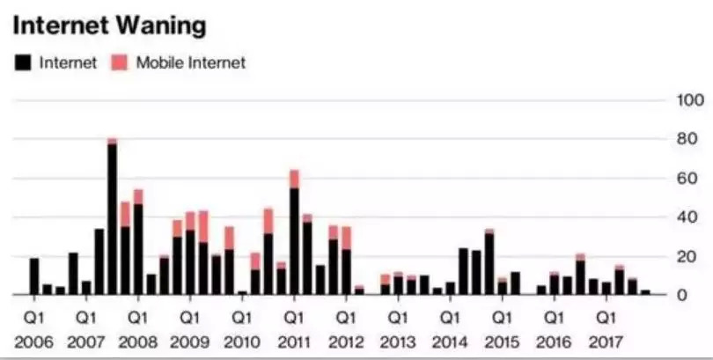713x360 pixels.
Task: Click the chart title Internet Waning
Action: pos(109,26)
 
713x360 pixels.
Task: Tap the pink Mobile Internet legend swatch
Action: pos(120,62)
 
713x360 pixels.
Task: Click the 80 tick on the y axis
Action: pos(685,139)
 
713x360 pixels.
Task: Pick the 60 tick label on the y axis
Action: pos(685,179)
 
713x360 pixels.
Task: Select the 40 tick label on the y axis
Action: pos(685,217)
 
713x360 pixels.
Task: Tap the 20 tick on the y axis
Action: pos(685,256)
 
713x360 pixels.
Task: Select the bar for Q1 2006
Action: pos(34,276)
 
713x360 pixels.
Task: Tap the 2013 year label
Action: pos(398,341)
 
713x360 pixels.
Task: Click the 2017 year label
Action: pos(606,341)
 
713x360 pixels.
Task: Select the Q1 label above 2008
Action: pos(138,316)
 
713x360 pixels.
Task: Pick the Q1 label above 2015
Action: pos(502,316)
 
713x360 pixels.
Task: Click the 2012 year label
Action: pos(346,341)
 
